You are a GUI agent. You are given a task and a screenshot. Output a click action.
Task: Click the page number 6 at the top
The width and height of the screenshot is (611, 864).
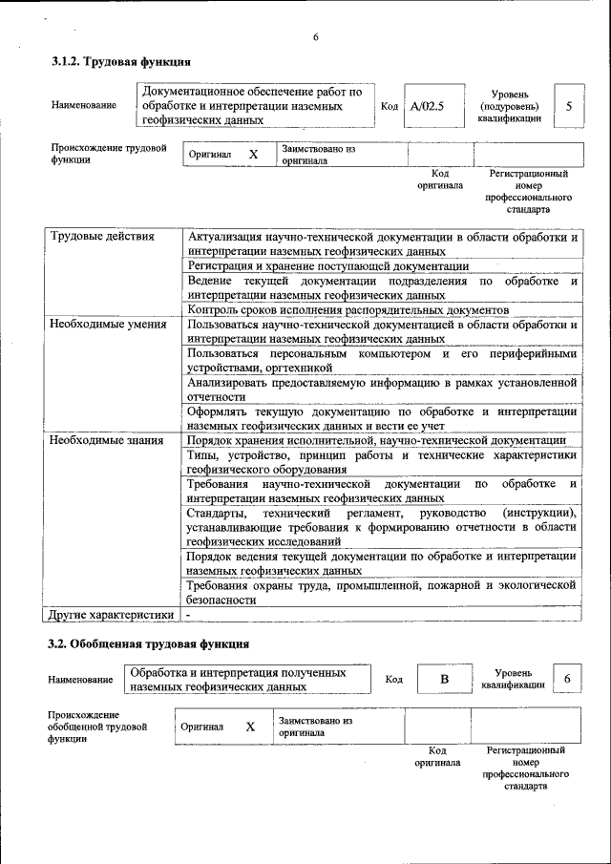pos(315,37)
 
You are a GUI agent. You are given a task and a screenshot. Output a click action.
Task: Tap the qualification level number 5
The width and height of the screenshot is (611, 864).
pos(569,106)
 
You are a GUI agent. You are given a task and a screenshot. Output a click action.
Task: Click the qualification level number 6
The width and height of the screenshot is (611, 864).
pos(567,678)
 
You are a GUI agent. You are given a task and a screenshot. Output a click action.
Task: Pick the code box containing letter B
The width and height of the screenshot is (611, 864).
pos(443,679)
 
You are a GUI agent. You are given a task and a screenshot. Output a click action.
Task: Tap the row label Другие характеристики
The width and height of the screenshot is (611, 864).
pos(112,615)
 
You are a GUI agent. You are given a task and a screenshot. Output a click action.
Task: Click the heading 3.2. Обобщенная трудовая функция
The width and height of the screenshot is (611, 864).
pos(148,643)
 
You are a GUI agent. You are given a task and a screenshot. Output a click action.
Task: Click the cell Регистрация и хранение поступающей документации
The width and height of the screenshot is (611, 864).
pos(328,265)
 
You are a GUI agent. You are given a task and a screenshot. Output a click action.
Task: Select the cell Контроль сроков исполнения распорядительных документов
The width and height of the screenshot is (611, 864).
pos(348,310)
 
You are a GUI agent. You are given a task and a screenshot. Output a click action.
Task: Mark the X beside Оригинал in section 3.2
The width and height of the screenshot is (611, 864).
pos(250,727)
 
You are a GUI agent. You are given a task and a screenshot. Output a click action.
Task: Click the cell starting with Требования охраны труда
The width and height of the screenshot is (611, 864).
pos(382,592)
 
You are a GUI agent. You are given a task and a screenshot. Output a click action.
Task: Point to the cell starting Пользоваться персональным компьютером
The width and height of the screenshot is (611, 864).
pos(382,360)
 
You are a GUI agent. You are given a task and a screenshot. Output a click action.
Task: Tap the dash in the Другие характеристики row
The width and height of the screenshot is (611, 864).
pos(189,615)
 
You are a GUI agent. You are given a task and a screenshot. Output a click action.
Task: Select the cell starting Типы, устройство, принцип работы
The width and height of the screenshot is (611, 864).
pos(382,462)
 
